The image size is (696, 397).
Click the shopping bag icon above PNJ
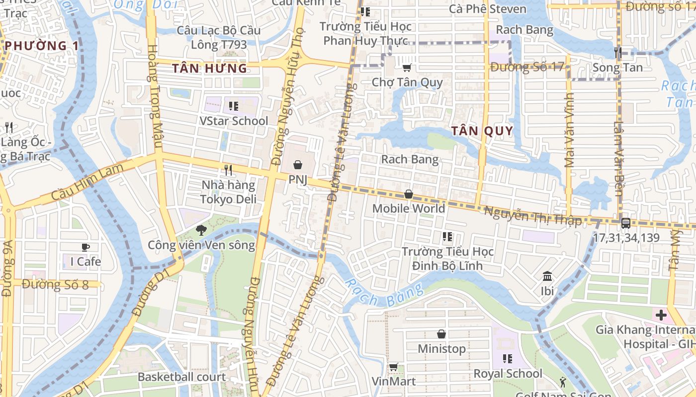[x=297, y=164]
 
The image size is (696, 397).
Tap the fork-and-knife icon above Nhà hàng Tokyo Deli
[x=228, y=170]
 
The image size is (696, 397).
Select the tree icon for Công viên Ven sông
[x=201, y=230]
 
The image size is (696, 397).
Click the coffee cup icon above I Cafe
[x=86, y=247]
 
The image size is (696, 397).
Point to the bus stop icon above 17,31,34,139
[x=626, y=223]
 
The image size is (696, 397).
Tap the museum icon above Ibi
[x=547, y=276]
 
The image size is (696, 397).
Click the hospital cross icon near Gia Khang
[x=661, y=315]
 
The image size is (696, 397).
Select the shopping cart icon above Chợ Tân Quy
[x=407, y=67]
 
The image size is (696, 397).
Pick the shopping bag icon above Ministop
[x=441, y=334]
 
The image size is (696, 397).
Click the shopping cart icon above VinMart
[x=393, y=367]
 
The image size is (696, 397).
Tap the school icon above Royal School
[x=507, y=358]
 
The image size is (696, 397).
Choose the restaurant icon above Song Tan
[x=618, y=52]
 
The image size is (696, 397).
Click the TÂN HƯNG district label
[x=209, y=68]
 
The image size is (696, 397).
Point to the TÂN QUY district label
[x=482, y=131]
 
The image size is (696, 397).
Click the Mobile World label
[x=408, y=208]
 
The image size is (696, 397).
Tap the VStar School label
[x=233, y=121]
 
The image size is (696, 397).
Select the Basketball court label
[x=181, y=377]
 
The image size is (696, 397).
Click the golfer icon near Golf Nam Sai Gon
[x=563, y=382]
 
